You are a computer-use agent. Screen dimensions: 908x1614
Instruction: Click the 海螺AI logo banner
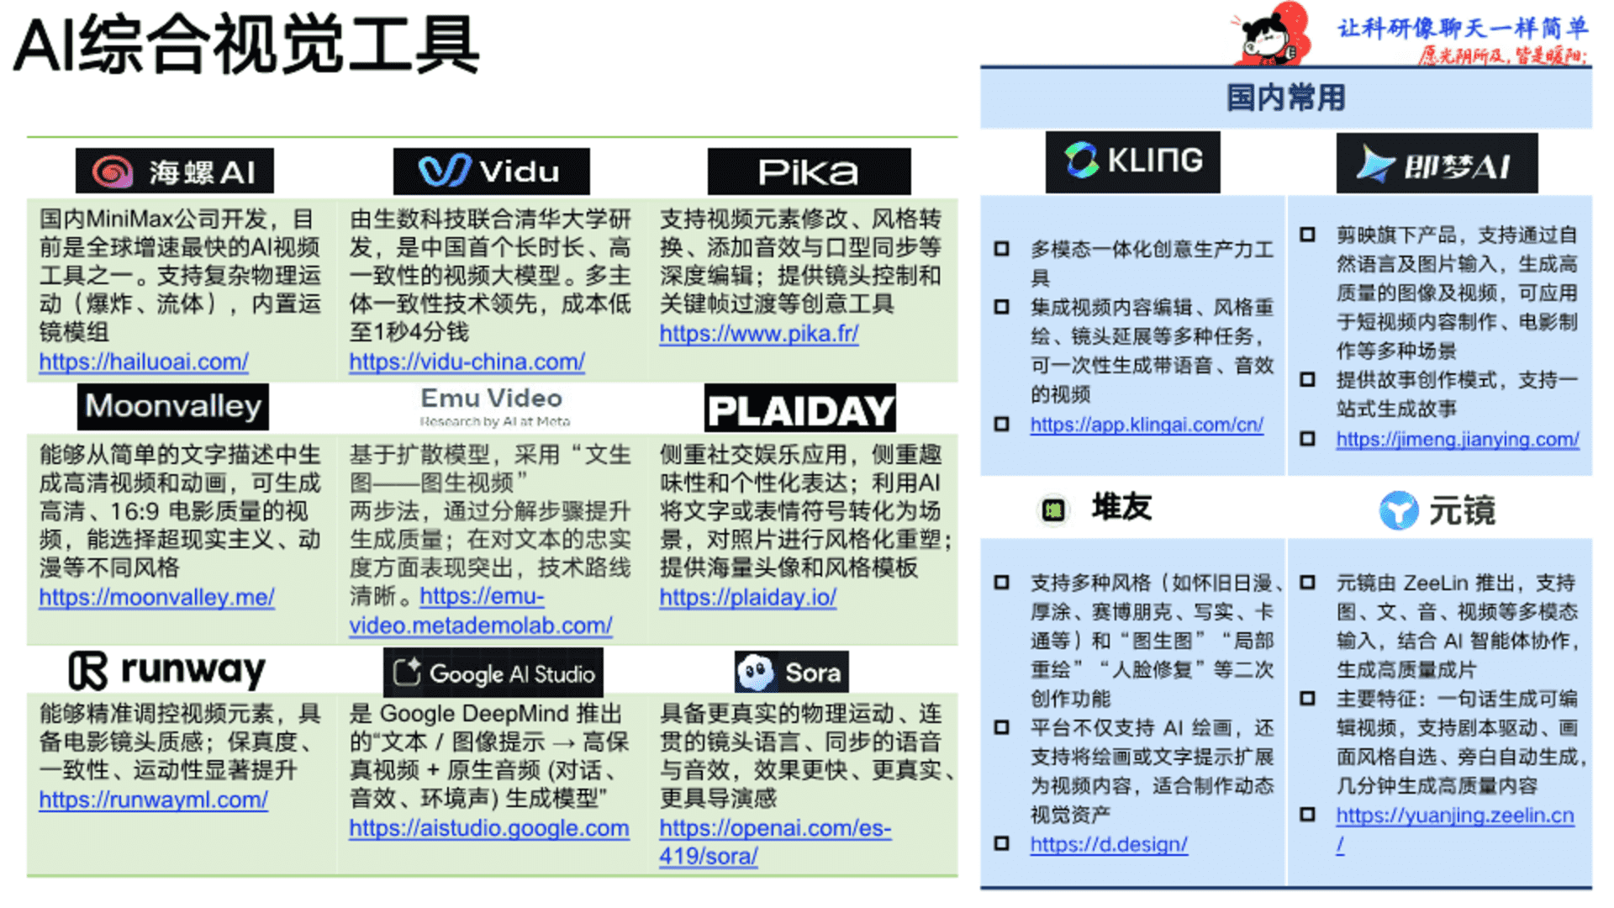pos(175,172)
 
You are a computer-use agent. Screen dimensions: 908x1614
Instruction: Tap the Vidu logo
pos(491,172)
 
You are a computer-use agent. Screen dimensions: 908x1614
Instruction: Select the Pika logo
pos(809,172)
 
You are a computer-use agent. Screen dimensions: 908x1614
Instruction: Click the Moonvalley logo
pos(173,407)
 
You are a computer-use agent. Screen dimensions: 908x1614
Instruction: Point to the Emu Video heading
pos(492,399)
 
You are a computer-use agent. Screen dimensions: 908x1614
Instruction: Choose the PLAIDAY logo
pos(800,409)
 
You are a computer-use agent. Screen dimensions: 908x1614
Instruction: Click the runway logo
pos(167,670)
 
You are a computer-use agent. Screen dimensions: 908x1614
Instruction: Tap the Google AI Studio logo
pos(493,673)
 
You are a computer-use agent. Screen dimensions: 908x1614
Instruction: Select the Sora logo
pos(791,673)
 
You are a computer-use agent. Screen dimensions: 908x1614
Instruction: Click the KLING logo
pos(1132,161)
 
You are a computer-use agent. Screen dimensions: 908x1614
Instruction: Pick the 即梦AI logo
pos(1437,164)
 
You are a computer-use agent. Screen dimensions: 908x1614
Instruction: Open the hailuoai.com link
pos(144,362)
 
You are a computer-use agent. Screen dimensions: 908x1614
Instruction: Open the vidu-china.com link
pos(467,362)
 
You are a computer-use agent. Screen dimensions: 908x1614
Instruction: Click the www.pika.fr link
pos(758,334)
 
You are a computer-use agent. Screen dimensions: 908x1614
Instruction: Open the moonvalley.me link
pos(156,598)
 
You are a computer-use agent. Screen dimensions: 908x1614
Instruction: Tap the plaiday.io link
pos(747,598)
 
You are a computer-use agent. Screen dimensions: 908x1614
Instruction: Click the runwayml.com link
pos(153,800)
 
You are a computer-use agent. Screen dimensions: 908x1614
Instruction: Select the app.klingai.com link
pos(1147,425)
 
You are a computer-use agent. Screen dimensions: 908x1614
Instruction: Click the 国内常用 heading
pos(1285,98)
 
